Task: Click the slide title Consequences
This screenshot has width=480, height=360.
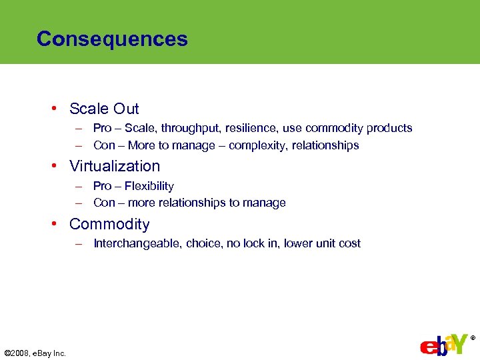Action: (x=112, y=39)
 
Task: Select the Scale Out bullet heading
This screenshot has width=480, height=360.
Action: (x=104, y=109)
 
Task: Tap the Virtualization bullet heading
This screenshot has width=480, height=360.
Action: (x=115, y=166)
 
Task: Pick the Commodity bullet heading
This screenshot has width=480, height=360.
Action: (x=109, y=224)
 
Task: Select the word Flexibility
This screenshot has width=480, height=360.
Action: (x=149, y=186)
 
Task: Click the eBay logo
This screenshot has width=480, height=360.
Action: (x=444, y=345)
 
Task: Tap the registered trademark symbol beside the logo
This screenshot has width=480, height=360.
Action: (x=473, y=338)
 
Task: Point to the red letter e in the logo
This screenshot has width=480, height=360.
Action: (x=427, y=348)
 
